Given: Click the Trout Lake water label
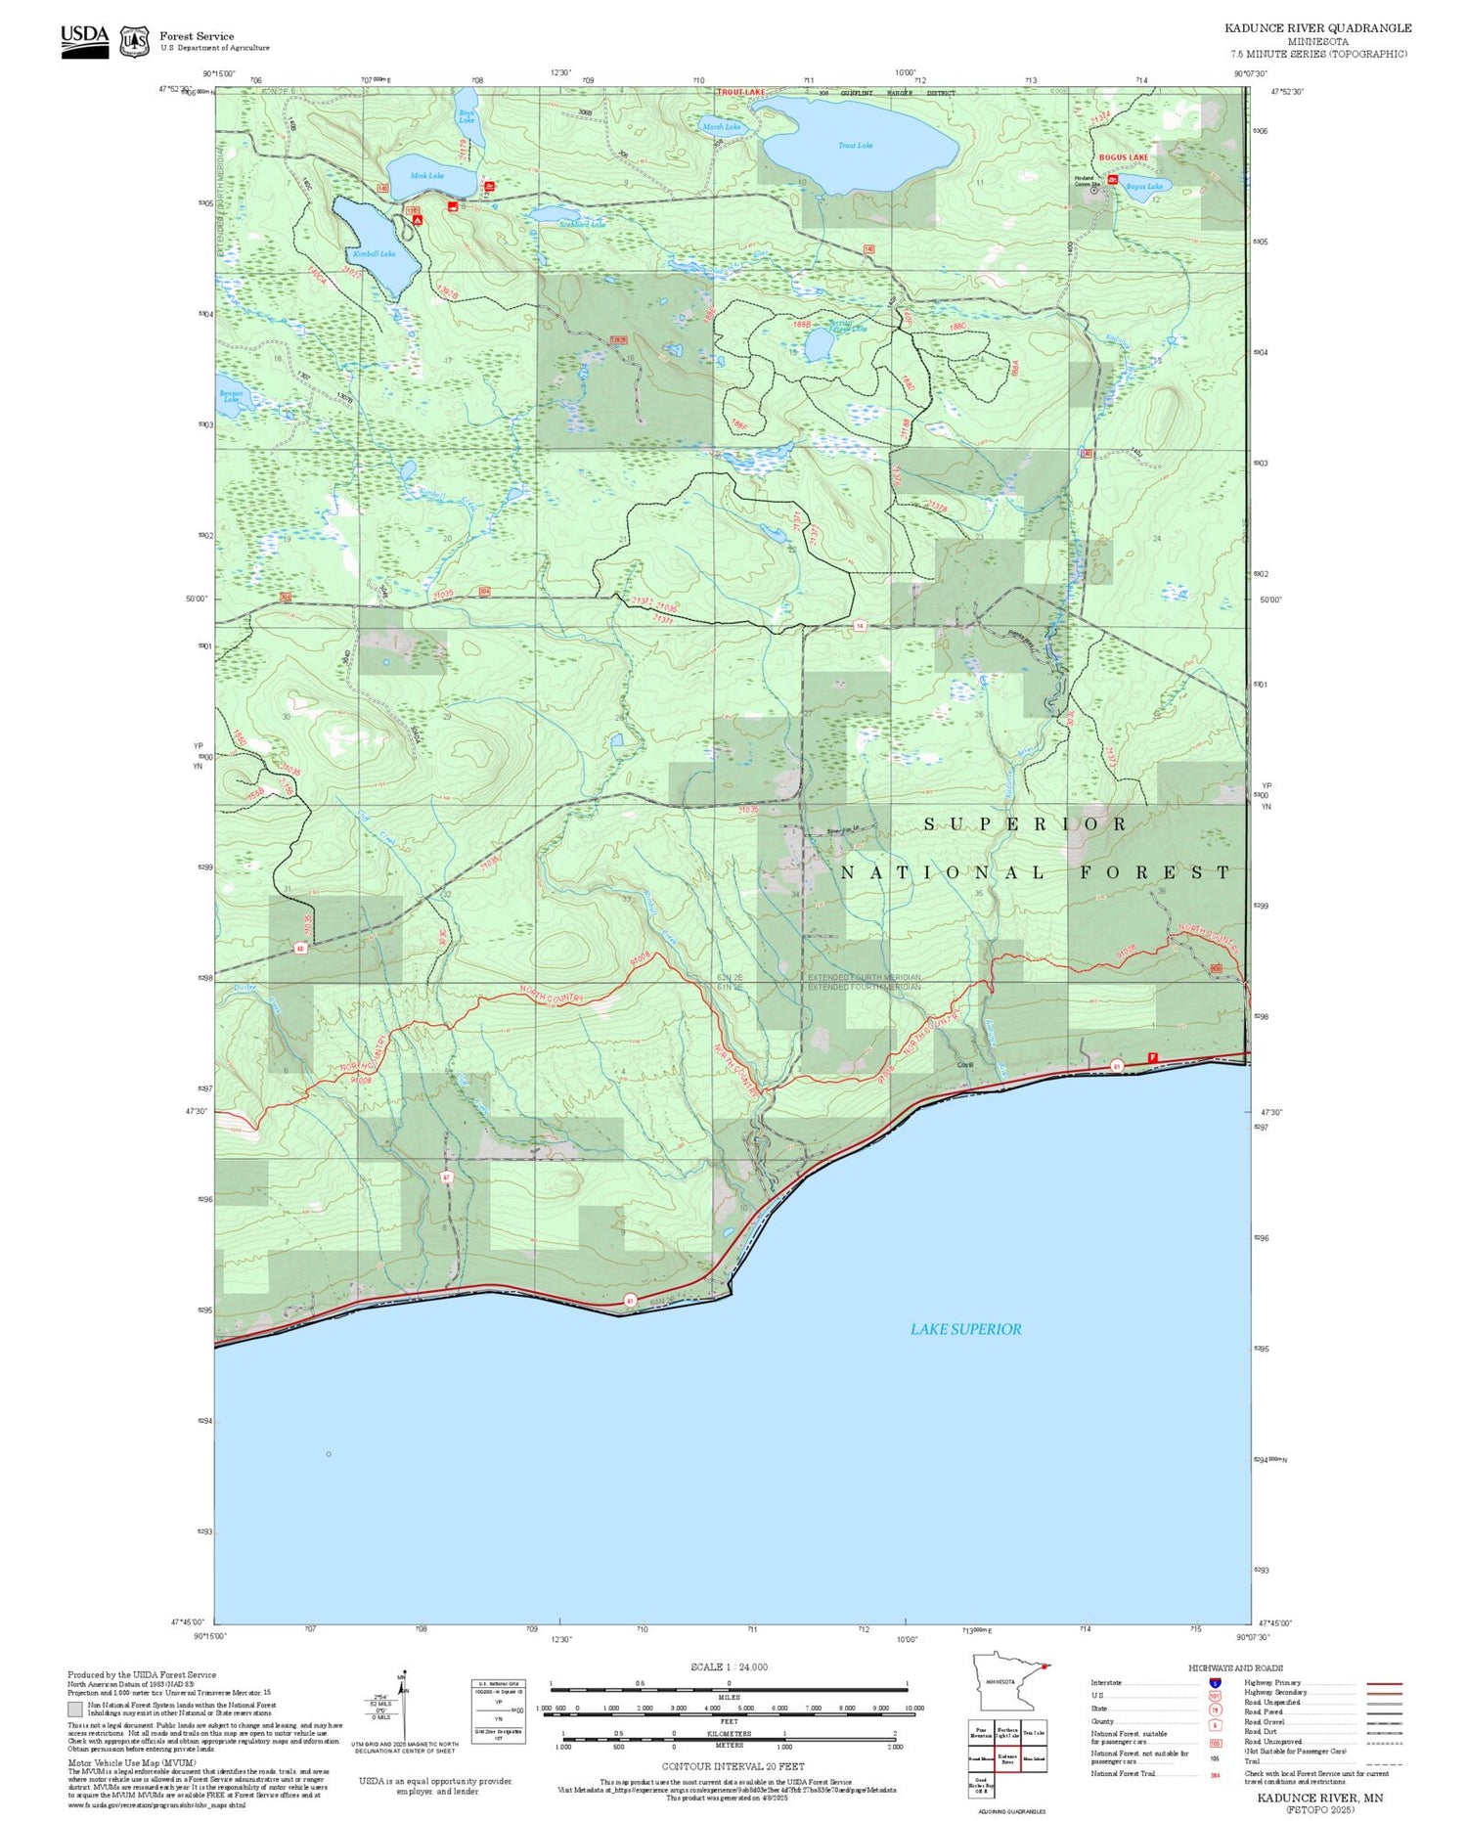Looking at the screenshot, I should click(x=855, y=146).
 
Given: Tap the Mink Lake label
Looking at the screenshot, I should click(x=427, y=176).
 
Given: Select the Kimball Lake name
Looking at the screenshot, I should click(x=374, y=253).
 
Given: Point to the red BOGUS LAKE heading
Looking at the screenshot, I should click(x=1123, y=157).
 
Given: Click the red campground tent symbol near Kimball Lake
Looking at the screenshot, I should click(x=418, y=221).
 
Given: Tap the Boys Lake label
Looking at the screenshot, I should click(x=467, y=116).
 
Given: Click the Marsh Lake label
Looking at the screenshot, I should click(x=722, y=127).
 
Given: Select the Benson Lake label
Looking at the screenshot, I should click(x=231, y=396).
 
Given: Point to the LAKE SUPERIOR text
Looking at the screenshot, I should click(x=965, y=1329).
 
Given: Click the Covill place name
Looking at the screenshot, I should click(x=965, y=1065).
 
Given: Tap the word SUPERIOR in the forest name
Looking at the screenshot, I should click(x=1026, y=824).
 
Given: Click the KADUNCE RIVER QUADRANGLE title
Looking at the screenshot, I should click(x=1317, y=28).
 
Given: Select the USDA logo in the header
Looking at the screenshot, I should click(x=84, y=41).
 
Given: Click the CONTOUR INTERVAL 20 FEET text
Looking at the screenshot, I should click(x=733, y=1766).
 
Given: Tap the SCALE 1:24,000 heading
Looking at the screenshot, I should click(x=729, y=1666).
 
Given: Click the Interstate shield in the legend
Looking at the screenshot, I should click(x=1215, y=1683).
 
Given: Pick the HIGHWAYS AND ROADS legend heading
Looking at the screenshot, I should click(x=1235, y=1668).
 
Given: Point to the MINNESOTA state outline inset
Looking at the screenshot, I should click(x=1006, y=1683).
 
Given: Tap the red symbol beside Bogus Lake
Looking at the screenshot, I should click(x=1112, y=181).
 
